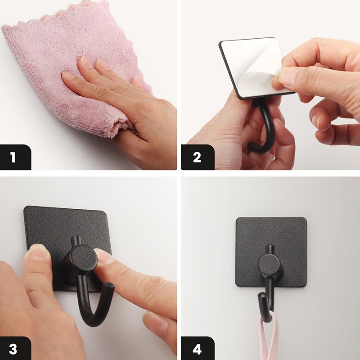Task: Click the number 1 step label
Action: pyautogui.click(x=13, y=157)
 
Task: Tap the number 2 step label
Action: pyautogui.click(x=197, y=157)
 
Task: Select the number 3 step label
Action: pyautogui.click(x=13, y=349)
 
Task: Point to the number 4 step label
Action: pyautogui.click(x=197, y=349)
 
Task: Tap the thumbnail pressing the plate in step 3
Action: pyautogui.click(x=38, y=251)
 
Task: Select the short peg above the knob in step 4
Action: pyautogui.click(x=270, y=250)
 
